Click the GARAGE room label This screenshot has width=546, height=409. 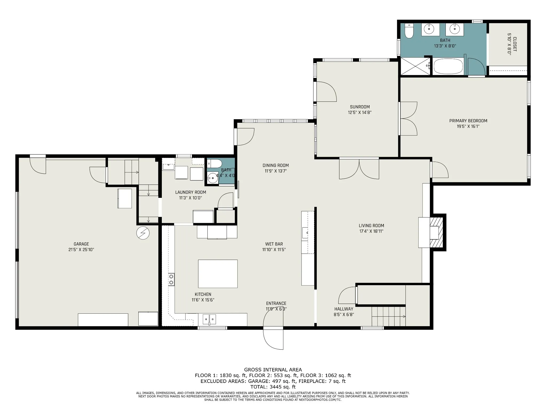pyautogui.click(x=81, y=244)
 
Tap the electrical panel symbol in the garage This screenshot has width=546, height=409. pyautogui.click(x=143, y=233)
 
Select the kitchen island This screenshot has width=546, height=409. pyautogui.click(x=218, y=274)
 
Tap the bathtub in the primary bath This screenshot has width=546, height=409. pyautogui.click(x=448, y=66)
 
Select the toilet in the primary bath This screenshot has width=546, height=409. pyautogui.click(x=409, y=31)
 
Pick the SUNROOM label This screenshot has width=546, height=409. pyautogui.click(x=360, y=107)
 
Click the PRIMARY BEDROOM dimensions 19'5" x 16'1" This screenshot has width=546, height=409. pyautogui.click(x=468, y=126)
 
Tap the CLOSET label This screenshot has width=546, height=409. pyautogui.click(x=515, y=44)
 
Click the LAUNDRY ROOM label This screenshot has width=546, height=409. pyautogui.click(x=191, y=192)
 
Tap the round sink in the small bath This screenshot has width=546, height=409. pyautogui.click(x=213, y=178)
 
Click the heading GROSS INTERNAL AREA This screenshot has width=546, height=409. pyautogui.click(x=273, y=370)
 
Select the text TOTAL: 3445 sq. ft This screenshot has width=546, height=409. pyautogui.click(x=273, y=387)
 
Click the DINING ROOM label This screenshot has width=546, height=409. pyautogui.click(x=276, y=165)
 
